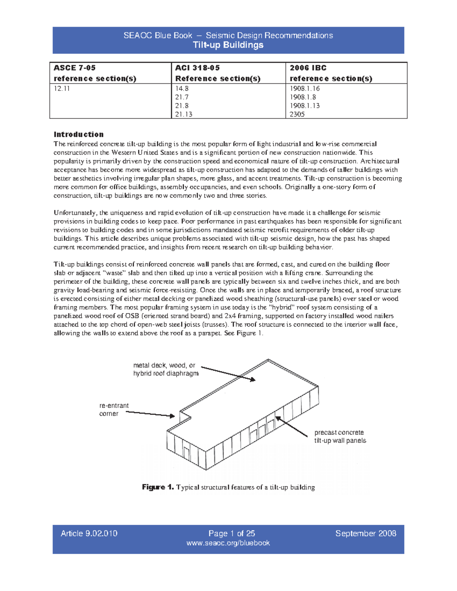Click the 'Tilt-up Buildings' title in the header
(228, 45)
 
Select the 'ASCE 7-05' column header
(75, 68)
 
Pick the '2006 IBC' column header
(308, 68)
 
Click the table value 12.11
(62, 88)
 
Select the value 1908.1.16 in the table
(305, 88)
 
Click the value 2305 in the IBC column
(297, 114)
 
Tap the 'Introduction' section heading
(78, 134)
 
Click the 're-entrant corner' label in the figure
(114, 409)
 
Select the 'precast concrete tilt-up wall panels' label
(340, 436)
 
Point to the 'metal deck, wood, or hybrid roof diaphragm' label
(166, 369)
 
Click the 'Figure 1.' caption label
(158, 487)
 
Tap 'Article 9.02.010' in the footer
(89, 534)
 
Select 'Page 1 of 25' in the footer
(232, 534)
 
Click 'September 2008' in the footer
(366, 534)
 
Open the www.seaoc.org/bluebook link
(228, 543)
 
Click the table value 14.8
(182, 88)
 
